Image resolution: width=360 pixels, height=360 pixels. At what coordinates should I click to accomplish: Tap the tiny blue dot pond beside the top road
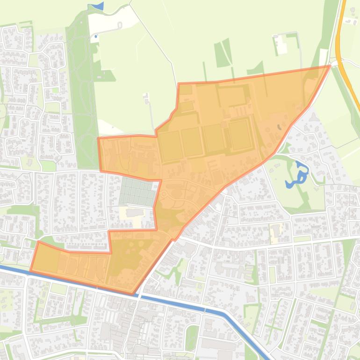[96, 36]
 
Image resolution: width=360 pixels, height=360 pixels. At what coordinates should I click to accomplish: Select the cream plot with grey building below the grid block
[134, 213]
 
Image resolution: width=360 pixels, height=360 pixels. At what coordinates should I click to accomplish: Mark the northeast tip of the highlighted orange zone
[330, 66]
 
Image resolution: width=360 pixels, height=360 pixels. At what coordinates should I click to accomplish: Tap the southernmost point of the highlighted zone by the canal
[134, 294]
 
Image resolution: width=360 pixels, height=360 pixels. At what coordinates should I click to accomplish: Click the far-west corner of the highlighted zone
[31, 270]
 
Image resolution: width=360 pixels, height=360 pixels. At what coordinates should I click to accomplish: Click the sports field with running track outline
[240, 134]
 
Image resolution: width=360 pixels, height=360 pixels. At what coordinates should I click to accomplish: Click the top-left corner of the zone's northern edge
[179, 84]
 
